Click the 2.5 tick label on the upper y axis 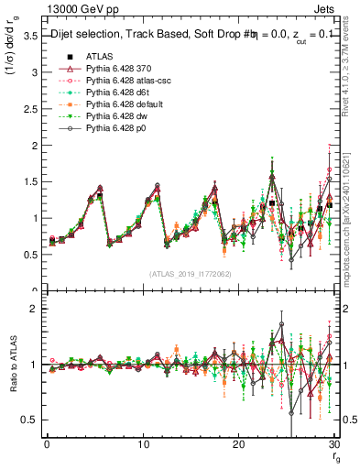[29, 109]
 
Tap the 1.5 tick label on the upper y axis [29, 182]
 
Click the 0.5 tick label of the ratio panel [29, 420]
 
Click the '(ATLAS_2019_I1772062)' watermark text [191, 274]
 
